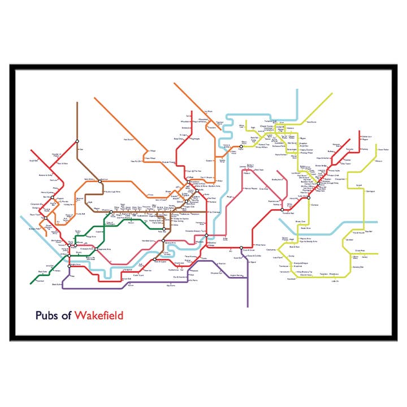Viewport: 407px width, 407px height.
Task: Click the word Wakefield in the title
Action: click(98, 315)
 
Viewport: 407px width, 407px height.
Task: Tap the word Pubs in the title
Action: click(45, 315)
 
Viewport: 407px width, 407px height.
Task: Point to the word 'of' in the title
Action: click(65, 315)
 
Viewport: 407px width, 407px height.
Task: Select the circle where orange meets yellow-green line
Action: click(241, 147)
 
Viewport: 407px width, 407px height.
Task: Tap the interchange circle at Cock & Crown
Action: click(241, 248)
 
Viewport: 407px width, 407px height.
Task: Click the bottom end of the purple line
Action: click(248, 306)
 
